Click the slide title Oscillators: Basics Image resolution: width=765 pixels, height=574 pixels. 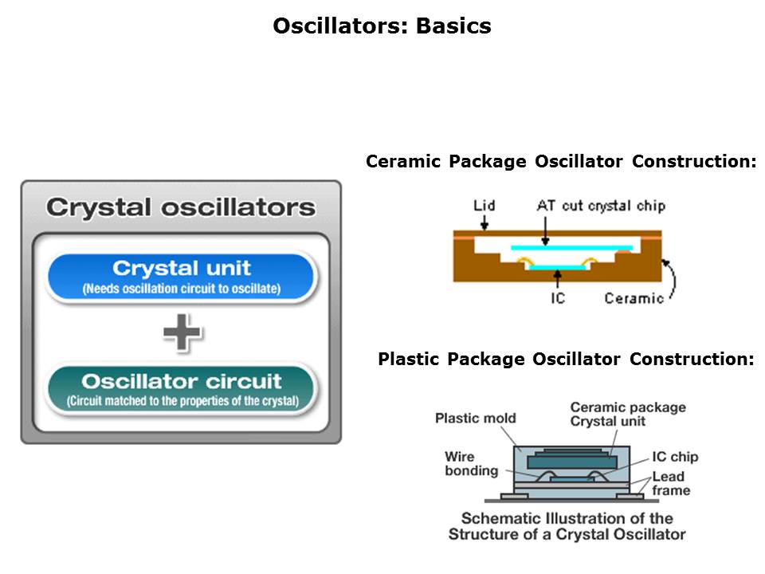coord(382,26)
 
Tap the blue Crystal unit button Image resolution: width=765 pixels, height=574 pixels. coord(182,276)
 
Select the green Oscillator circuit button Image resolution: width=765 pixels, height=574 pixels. coord(182,388)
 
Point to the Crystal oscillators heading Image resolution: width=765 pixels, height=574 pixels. coord(181,208)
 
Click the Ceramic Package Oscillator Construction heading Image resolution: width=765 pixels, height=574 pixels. coord(560,162)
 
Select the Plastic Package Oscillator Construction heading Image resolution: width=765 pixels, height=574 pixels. coord(566,360)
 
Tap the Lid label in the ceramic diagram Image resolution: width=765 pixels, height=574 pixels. coord(484,206)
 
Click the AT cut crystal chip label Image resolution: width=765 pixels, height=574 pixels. coord(601,206)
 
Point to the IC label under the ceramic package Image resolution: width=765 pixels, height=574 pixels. coord(559,299)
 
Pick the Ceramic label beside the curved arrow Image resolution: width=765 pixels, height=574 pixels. coord(634,299)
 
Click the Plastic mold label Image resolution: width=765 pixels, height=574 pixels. coord(476,418)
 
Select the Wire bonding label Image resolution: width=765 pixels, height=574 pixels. coord(471,463)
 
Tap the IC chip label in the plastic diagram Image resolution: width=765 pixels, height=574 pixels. coord(675,457)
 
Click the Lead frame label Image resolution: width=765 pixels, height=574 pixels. coord(670,483)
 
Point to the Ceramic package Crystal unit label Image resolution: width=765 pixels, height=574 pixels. coord(627,414)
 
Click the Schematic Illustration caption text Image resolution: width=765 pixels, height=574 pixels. coord(567,525)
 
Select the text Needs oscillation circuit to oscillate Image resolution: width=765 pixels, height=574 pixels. coord(182,289)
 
